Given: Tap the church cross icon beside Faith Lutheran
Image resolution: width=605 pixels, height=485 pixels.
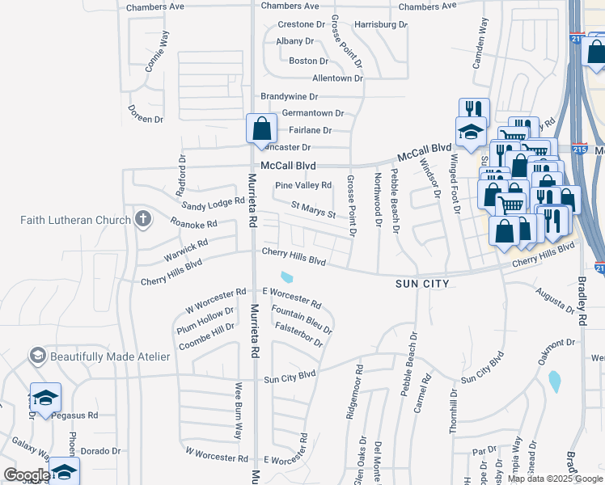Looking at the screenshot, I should [x=142, y=218].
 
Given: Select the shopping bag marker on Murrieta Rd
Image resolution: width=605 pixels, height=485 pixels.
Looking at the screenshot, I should [x=261, y=129].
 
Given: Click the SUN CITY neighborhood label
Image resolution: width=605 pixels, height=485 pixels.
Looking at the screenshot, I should [x=421, y=284].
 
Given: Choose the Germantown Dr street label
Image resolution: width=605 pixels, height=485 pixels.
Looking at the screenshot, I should [x=312, y=113].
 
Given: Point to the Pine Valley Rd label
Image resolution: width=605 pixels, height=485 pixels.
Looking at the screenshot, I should [x=303, y=185].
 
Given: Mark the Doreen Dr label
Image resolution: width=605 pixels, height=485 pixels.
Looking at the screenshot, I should [x=146, y=118].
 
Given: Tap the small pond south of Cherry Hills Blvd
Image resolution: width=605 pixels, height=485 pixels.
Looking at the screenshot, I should [x=286, y=276].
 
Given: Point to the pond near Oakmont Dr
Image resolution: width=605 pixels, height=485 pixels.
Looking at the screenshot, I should [x=554, y=382].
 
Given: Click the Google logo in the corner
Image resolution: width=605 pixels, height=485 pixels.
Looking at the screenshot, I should [x=27, y=475].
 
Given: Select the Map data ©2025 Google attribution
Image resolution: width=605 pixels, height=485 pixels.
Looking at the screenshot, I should [x=555, y=479].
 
